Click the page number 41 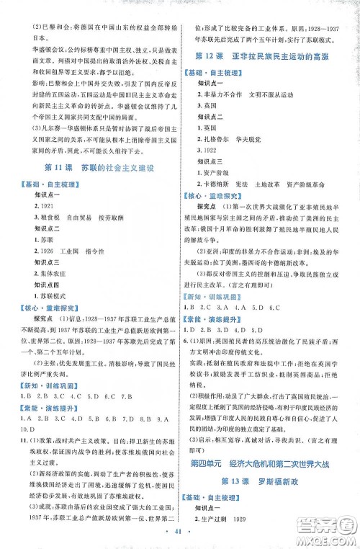(x=180, y=537)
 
